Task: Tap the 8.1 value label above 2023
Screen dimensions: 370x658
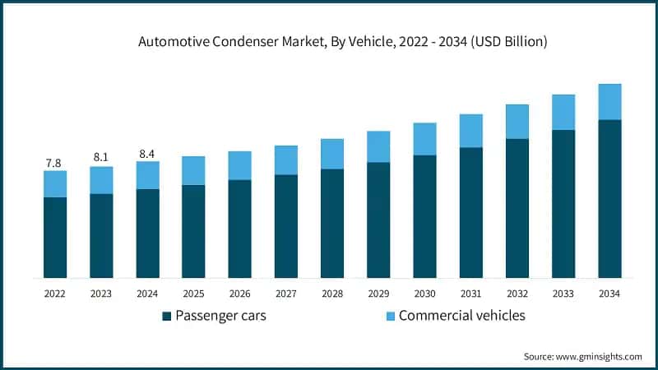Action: point(100,157)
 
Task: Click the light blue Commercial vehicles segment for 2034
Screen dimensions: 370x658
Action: point(609,102)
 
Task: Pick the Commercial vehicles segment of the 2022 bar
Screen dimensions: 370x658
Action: point(54,184)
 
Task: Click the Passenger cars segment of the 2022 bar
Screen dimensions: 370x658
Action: point(54,238)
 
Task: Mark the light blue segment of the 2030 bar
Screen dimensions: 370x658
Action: point(424,139)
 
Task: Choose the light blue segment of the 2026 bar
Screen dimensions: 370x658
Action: point(239,165)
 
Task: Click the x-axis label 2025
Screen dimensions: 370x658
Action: point(193,294)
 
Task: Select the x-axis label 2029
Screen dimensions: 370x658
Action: point(378,294)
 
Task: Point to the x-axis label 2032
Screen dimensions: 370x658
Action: point(517,294)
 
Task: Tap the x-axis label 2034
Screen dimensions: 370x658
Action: point(609,294)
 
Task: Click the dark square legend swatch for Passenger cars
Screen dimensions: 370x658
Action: point(167,317)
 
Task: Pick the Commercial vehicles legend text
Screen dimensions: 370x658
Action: point(461,316)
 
